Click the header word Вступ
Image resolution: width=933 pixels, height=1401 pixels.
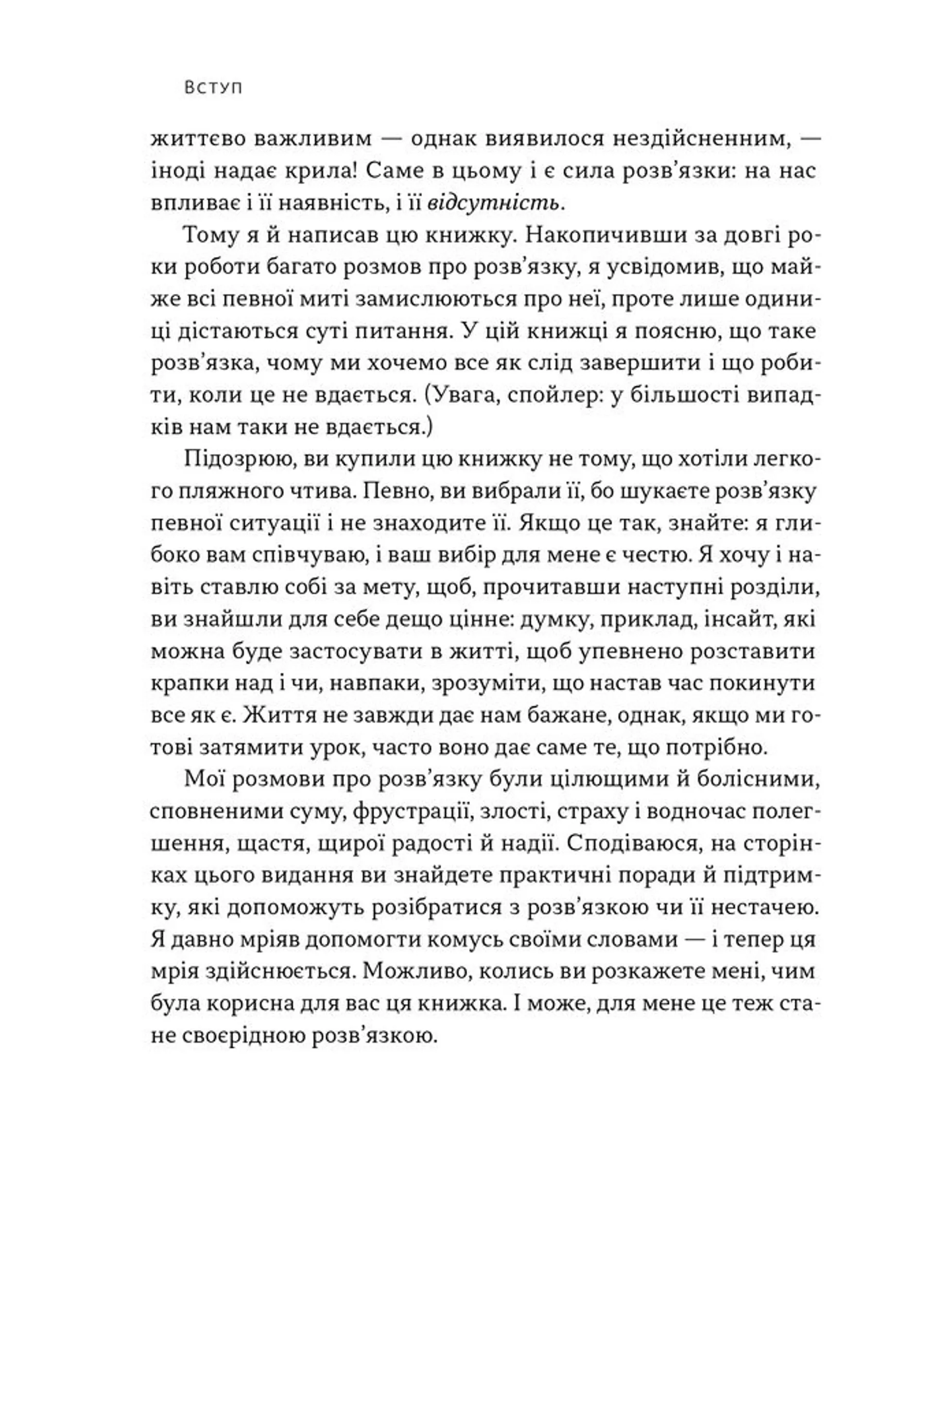point(213,88)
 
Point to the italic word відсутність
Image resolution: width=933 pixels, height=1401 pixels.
point(495,204)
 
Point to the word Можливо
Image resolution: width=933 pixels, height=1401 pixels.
point(416,972)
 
